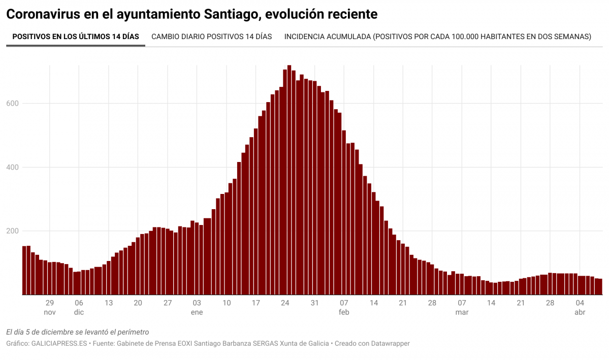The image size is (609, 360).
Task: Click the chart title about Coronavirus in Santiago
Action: point(191,14)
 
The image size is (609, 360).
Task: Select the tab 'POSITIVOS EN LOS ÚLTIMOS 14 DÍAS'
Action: point(76,37)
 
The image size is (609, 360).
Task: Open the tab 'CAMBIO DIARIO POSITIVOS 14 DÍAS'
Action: point(211,37)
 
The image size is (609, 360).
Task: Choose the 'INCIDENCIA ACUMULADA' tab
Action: point(437,37)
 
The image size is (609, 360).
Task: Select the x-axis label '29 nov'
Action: point(50,307)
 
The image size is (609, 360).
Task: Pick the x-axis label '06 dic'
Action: point(79,307)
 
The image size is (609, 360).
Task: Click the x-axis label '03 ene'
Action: point(197,307)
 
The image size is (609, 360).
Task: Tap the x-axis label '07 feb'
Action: point(344,307)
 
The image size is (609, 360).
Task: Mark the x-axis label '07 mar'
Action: point(462,307)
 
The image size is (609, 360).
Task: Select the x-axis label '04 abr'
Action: point(580,307)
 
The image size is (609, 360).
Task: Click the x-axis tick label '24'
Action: point(285,303)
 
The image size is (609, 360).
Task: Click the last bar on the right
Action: point(600,287)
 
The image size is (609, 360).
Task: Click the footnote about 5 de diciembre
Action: point(77,332)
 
